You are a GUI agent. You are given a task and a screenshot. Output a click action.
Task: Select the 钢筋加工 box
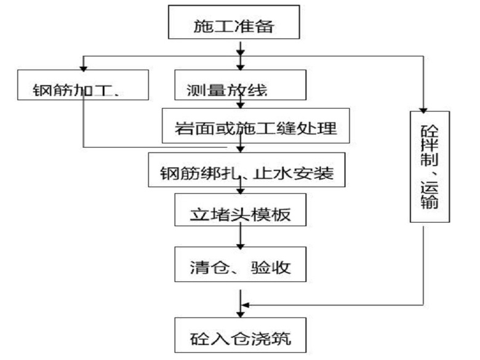[x=84, y=86]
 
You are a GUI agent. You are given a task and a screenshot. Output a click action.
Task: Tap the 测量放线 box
[x=239, y=86]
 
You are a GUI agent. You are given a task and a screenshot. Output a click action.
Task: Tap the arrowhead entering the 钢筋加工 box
[x=84, y=66]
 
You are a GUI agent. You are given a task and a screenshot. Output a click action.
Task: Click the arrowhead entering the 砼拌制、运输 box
[x=423, y=107]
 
